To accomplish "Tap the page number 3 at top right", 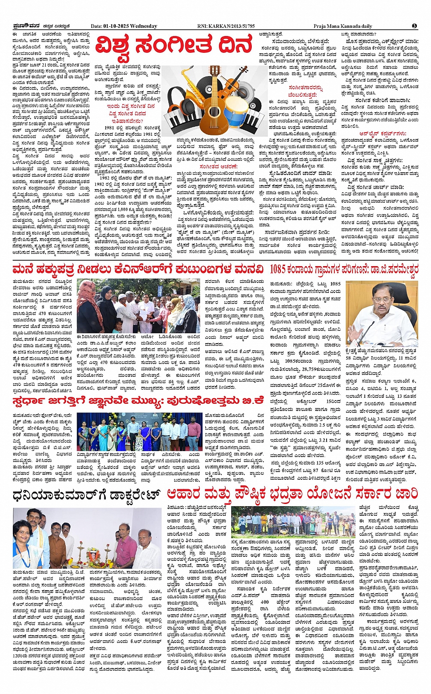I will click(415, 26).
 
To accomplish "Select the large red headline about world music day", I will click(174, 46).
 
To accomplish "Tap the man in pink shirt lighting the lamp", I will click(125, 547).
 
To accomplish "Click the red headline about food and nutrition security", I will click(292, 493).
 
